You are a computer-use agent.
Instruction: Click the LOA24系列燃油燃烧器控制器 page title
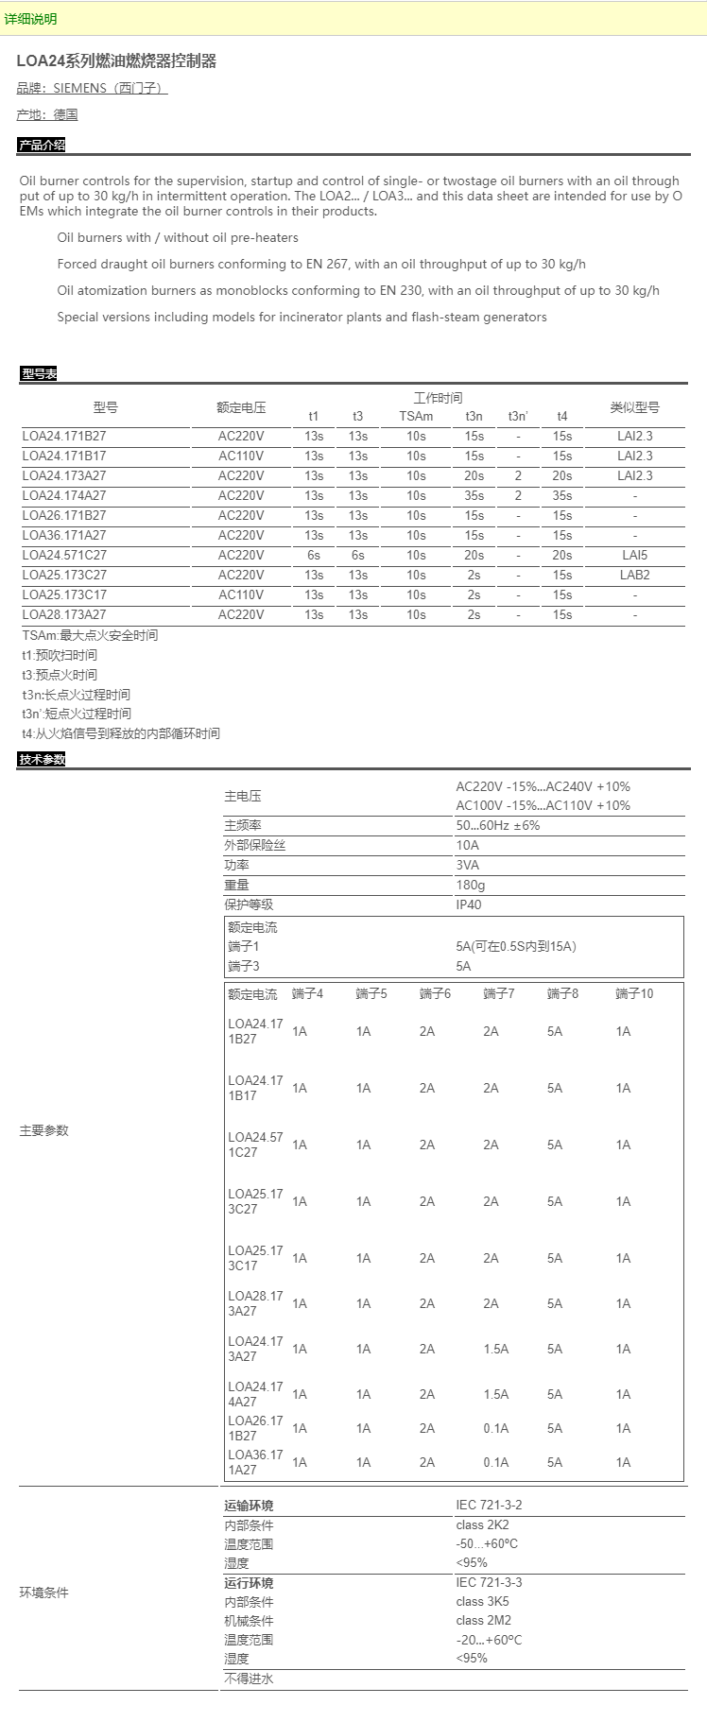pyautogui.click(x=116, y=61)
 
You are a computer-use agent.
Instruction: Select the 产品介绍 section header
pyautogui.click(x=42, y=145)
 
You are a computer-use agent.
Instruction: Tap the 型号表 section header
pyautogui.click(x=39, y=374)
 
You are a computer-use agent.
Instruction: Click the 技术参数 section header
pyautogui.click(x=42, y=760)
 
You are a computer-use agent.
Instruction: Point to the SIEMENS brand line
pyautogui.click(x=92, y=88)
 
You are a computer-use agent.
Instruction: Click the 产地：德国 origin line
pyautogui.click(x=47, y=114)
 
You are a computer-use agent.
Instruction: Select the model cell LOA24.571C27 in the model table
pyautogui.click(x=64, y=555)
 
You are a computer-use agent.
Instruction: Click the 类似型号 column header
pyautogui.click(x=634, y=407)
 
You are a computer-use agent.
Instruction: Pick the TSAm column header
pyautogui.click(x=416, y=416)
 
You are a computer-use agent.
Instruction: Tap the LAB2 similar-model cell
pyautogui.click(x=634, y=575)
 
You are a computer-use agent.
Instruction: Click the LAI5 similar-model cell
pyautogui.click(x=634, y=555)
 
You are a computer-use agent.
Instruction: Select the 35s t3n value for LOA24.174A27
pyautogui.click(x=474, y=495)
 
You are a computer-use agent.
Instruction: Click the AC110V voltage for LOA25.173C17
pyautogui.click(x=241, y=594)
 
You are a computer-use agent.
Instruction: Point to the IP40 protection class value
pyautogui.click(x=469, y=904)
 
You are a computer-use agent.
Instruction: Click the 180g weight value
pyautogui.click(x=471, y=885)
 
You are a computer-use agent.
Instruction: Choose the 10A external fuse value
pyautogui.click(x=468, y=845)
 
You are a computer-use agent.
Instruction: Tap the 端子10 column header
pyautogui.click(x=634, y=993)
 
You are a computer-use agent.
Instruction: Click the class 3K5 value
pyautogui.click(x=482, y=1601)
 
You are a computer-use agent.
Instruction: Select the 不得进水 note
pyautogui.click(x=249, y=1679)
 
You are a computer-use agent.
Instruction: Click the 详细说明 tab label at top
pyautogui.click(x=30, y=19)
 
